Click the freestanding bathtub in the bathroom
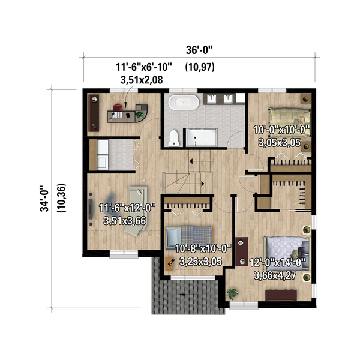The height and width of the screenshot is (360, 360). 183,103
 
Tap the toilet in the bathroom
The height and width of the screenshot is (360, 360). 173,137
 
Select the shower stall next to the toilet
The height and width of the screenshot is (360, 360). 201,137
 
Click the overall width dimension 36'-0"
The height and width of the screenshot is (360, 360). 197,51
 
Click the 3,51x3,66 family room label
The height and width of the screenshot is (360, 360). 124,221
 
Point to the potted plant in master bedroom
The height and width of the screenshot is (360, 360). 232,293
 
